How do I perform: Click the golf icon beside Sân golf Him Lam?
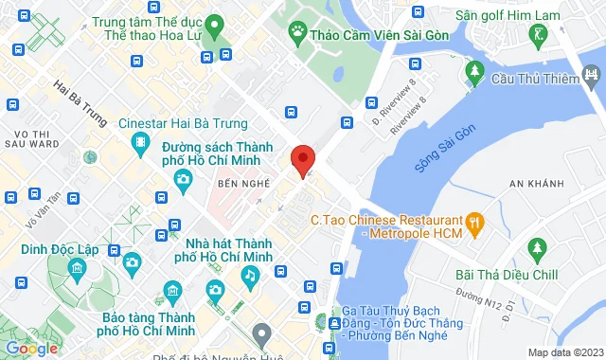click(540, 34)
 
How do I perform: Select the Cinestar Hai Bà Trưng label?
click(182, 124)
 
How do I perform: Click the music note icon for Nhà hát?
click(250, 275)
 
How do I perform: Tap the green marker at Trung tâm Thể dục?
click(215, 26)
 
